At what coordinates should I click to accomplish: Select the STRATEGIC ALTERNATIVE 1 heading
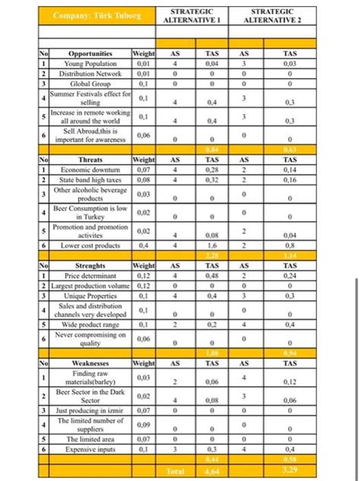coord(191,17)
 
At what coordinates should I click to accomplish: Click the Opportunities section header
coord(90,55)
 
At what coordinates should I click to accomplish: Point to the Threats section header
coord(90,161)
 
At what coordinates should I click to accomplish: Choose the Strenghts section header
coord(90,266)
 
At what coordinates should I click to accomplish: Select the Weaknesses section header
coord(90,364)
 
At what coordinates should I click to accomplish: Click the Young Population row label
coord(90,64)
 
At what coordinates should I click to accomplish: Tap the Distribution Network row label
coord(90,74)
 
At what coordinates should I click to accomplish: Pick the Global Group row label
coord(90,84)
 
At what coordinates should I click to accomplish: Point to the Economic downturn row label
coord(90,170)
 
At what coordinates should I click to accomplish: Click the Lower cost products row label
coord(90,245)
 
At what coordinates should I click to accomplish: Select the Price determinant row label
coord(90,275)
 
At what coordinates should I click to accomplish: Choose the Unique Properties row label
coord(90,295)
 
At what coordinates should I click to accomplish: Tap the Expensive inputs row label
coord(90,449)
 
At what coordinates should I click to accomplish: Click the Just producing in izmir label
coord(90,410)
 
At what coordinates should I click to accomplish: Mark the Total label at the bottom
coord(175,472)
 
